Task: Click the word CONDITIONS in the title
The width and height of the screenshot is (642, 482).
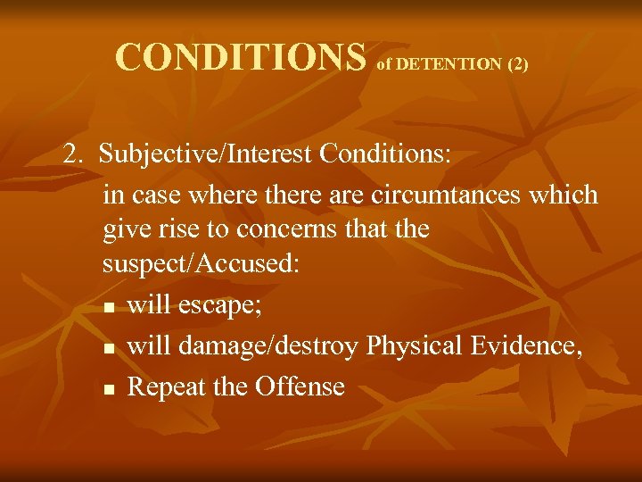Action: click(241, 57)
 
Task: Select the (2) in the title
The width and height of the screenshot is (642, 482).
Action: click(517, 64)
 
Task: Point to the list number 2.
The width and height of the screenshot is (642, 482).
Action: click(72, 154)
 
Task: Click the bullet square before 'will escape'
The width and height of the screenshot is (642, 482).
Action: click(108, 309)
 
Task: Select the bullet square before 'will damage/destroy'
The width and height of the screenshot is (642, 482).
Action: click(108, 349)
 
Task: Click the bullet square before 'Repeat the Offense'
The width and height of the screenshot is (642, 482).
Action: click(108, 389)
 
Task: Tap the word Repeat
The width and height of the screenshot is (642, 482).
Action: click(166, 386)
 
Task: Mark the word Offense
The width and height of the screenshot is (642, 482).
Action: click(300, 386)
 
